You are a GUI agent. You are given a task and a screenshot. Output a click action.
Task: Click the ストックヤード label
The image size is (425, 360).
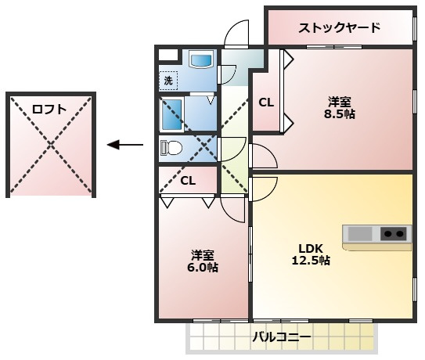click(340, 28)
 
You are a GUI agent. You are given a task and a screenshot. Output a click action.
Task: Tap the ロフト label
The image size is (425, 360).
click(49, 109)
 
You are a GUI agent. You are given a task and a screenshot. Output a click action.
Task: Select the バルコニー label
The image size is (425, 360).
click(282, 337)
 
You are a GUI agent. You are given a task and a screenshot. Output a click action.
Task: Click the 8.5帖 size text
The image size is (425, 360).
click(340, 114)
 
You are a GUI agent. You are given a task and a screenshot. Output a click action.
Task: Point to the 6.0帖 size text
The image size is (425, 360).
click(203, 268)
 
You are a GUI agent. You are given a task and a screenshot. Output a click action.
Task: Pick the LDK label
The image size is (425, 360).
click(311, 248)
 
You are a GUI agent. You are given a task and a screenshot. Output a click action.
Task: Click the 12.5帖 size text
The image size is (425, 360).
click(311, 261)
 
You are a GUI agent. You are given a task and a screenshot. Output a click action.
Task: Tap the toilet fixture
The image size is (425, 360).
click(171, 148)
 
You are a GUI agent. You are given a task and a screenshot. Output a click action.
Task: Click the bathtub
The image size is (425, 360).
click(172, 114)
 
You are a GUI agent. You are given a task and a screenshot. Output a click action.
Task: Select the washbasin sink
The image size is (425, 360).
click(201, 60)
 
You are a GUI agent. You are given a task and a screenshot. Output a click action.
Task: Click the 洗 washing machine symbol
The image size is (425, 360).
click(168, 81)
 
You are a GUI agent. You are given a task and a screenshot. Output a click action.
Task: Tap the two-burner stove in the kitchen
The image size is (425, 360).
click(393, 234)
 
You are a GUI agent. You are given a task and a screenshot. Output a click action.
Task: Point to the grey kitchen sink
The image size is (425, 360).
click(360, 234)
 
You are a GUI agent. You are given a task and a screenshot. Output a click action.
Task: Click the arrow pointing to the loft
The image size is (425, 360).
click(125, 145)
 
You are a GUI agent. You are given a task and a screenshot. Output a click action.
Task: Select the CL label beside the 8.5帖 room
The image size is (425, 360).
click(266, 103)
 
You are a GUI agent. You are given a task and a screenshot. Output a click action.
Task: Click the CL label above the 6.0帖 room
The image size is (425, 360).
click(188, 181)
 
